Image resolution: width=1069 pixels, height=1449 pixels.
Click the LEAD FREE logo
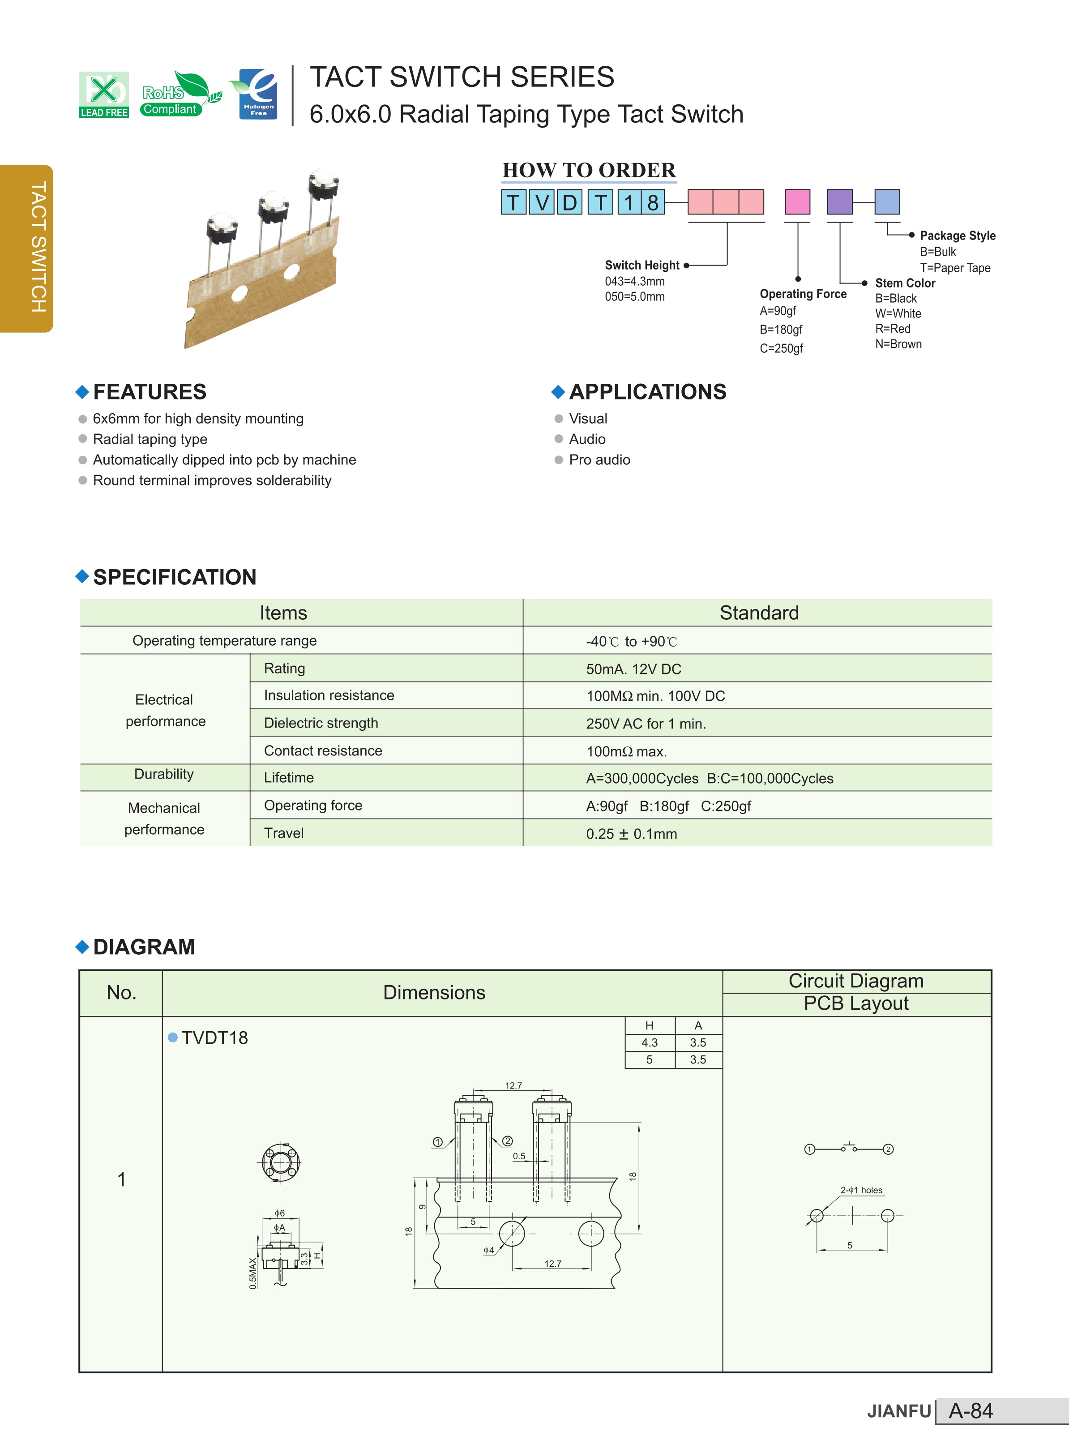(x=103, y=94)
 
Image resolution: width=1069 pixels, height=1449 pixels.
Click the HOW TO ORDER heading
(x=589, y=170)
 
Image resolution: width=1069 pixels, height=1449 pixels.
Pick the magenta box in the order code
(x=797, y=202)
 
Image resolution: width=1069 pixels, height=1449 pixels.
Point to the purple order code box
(x=840, y=202)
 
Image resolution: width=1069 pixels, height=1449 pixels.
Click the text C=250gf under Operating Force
(x=781, y=348)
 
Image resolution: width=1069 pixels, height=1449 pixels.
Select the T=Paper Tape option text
(x=954, y=268)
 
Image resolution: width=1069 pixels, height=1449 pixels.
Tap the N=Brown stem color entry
(x=898, y=344)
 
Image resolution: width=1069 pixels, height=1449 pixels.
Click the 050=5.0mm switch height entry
(x=634, y=297)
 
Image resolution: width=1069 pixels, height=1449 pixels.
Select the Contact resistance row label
(x=323, y=751)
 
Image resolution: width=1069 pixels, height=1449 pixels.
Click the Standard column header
(x=759, y=613)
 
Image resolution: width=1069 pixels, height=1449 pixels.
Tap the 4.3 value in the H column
(x=649, y=1042)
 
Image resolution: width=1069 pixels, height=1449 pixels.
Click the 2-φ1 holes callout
(x=861, y=1190)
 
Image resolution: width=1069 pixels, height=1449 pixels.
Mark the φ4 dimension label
(x=488, y=1250)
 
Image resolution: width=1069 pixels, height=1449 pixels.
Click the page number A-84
(x=970, y=1411)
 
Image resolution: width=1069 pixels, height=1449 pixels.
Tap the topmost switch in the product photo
(x=324, y=184)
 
